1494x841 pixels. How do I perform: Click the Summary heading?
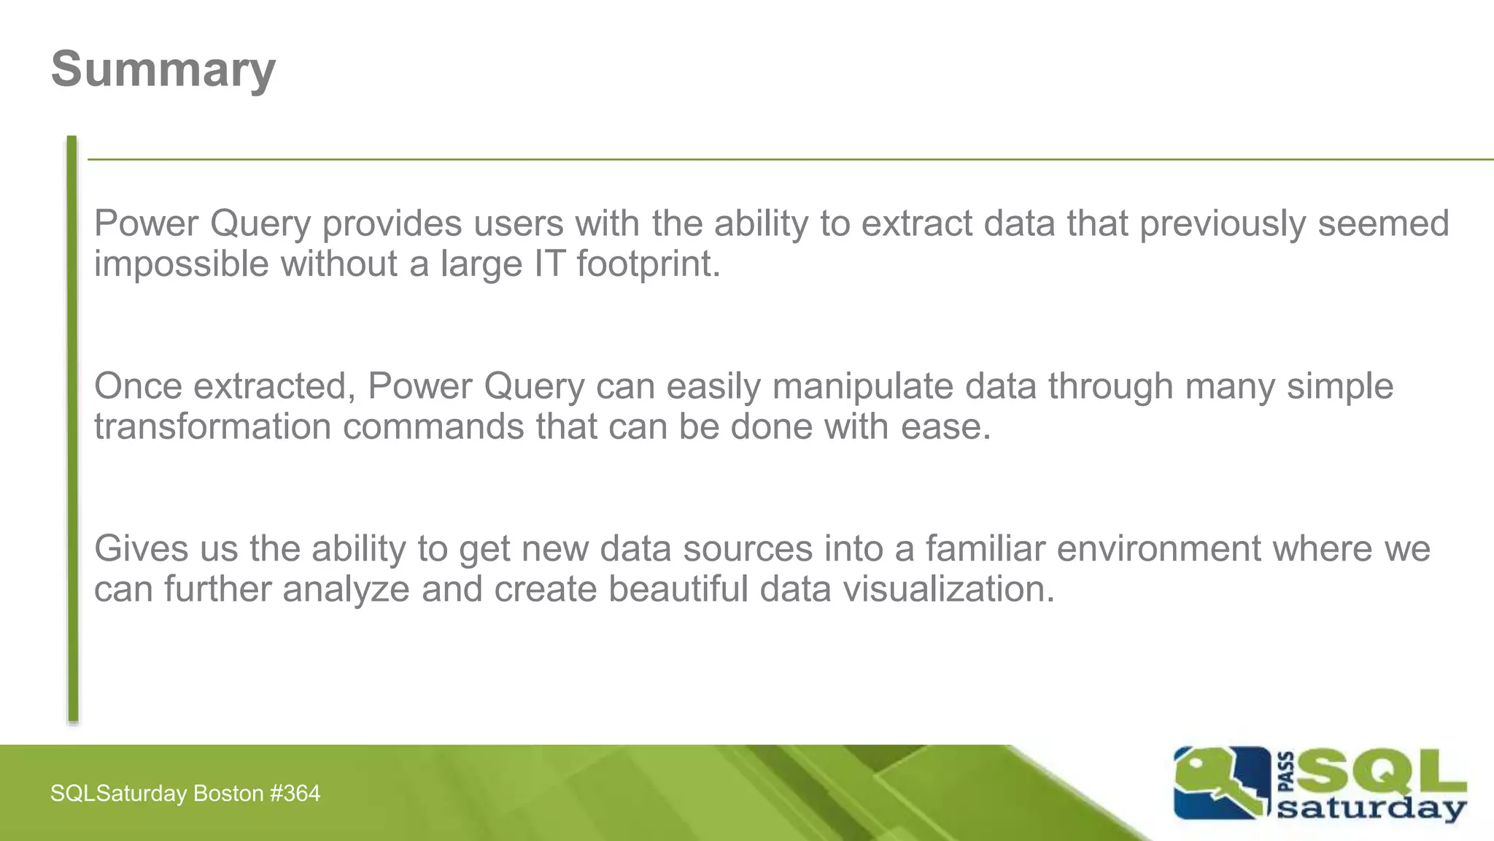tap(163, 69)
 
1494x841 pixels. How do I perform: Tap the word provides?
tap(392, 223)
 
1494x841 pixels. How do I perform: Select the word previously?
tap(1222, 223)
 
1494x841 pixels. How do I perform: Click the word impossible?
tap(182, 264)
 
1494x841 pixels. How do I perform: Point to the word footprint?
tap(648, 264)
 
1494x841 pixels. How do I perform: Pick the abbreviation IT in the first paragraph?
tap(549, 264)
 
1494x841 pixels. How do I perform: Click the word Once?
tap(138, 386)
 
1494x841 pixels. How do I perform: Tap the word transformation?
tap(212, 426)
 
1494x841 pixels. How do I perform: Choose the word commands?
tap(433, 426)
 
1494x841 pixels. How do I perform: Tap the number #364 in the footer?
tap(295, 794)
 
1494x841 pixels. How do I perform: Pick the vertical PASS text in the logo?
tap(1287, 772)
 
